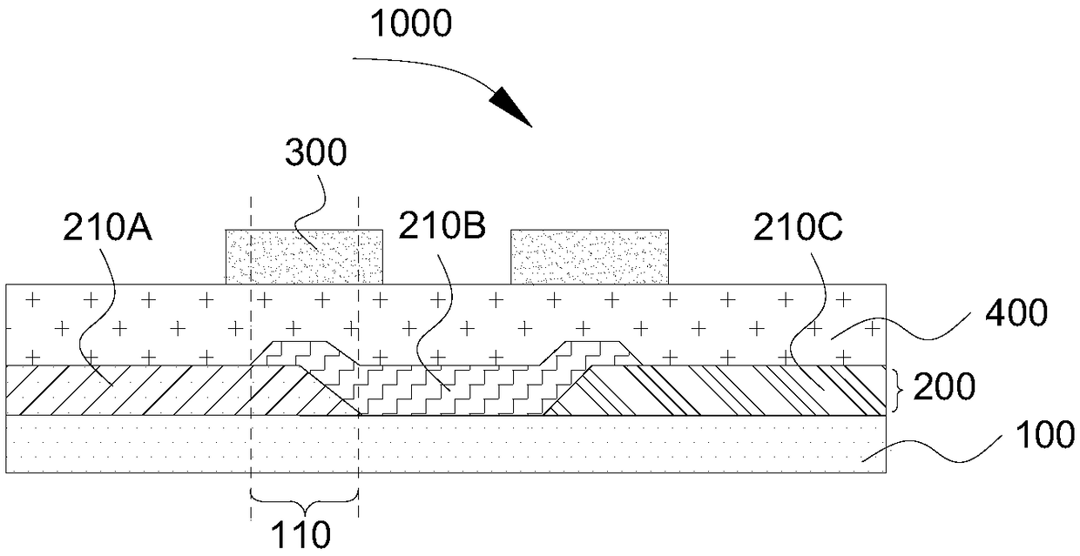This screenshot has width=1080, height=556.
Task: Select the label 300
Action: [315, 154]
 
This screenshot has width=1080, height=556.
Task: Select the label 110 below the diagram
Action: [305, 534]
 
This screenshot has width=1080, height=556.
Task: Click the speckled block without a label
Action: [590, 257]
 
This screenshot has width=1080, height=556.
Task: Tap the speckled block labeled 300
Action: [304, 257]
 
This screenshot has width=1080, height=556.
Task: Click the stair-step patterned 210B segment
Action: [444, 392]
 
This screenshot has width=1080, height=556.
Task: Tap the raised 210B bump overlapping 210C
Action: [592, 352]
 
